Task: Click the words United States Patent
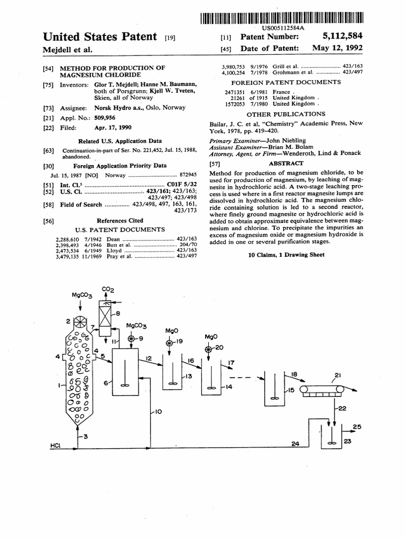(100, 37)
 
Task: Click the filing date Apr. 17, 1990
(113, 128)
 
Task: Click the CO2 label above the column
(108, 290)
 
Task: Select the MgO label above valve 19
(172, 331)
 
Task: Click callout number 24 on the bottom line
(295, 444)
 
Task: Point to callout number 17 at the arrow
(230, 363)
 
